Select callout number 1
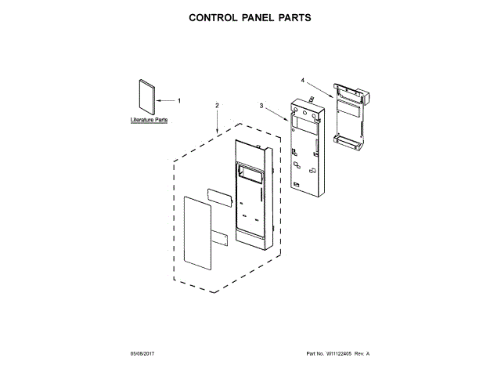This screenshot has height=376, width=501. click(x=178, y=101)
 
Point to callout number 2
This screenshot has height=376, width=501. click(x=217, y=105)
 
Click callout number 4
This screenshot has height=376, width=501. click(x=302, y=79)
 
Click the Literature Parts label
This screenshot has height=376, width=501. click(x=149, y=121)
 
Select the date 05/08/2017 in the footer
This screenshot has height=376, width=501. click(x=144, y=354)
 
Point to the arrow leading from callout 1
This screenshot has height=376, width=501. click(x=166, y=101)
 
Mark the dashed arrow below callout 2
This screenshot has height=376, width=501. click(x=217, y=121)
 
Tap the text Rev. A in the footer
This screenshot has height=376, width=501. click(x=362, y=354)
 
